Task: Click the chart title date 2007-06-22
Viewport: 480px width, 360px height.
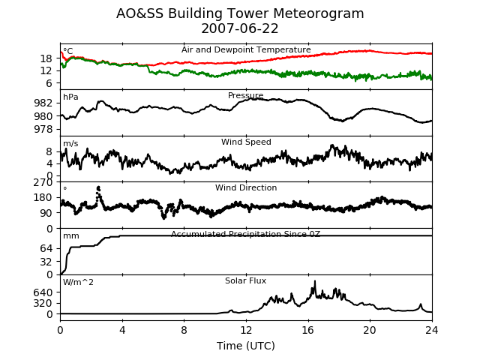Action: (240, 29)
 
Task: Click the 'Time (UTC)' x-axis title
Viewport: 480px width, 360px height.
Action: (246, 346)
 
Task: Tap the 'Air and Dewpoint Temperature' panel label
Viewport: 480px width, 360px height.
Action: (246, 49)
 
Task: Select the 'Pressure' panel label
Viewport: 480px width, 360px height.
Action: (246, 96)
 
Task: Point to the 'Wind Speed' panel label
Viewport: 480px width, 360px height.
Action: (246, 142)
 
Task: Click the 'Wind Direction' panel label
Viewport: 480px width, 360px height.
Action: (246, 188)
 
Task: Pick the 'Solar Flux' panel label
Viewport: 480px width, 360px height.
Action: (246, 281)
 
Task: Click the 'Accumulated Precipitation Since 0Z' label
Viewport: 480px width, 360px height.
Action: (246, 235)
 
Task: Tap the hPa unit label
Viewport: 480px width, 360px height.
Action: (70, 97)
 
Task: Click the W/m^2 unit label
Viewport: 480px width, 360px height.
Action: (78, 283)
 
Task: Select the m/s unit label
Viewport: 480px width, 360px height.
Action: (70, 144)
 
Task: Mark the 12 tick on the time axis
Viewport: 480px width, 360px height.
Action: (246, 329)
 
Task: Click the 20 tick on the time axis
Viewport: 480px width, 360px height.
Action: (370, 329)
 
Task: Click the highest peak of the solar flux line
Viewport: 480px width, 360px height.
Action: (314, 282)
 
